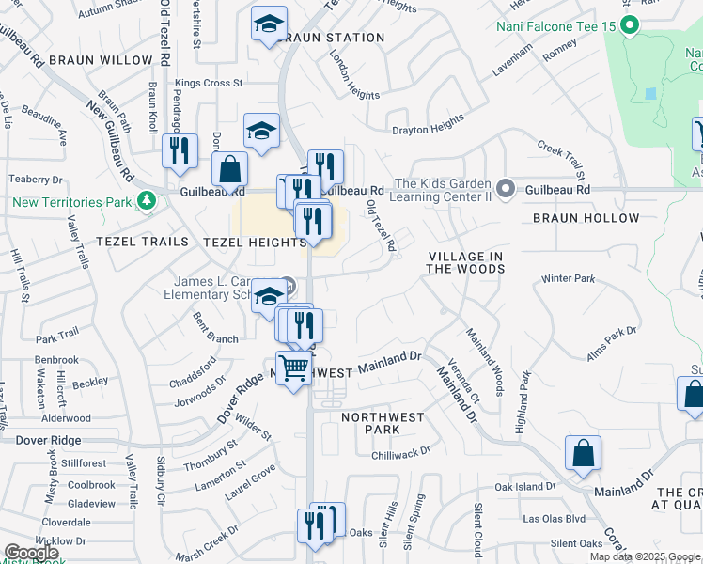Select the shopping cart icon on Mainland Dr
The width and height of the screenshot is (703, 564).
[294, 368]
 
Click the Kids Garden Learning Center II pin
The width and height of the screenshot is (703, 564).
[506, 190]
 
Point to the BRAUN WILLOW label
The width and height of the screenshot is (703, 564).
[101, 60]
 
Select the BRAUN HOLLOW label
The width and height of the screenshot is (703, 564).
[586, 218]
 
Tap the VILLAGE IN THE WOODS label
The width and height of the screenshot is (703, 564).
[466, 262]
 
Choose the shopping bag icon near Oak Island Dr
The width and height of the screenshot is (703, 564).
[584, 453]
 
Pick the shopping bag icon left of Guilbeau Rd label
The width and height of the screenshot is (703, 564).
[229, 170]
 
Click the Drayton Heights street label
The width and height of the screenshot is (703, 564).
[428, 124]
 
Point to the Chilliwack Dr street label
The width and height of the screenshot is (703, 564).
[399, 452]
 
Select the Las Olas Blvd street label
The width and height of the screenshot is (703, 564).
[555, 518]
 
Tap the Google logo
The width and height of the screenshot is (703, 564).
[31, 553]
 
